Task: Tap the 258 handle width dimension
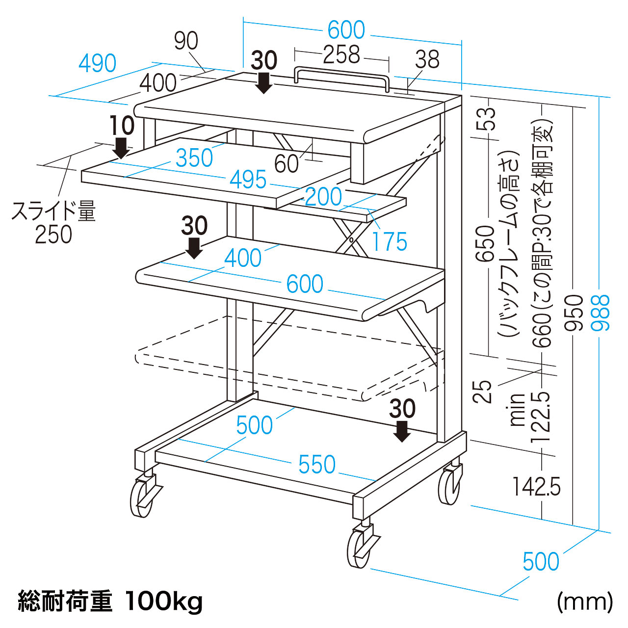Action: coord(341,55)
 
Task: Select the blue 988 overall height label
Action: coord(602,313)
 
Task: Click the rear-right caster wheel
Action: coord(450,487)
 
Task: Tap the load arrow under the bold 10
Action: coord(121,148)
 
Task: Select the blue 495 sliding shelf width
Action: coord(249,180)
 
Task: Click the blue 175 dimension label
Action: coord(390,241)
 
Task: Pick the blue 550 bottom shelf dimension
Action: coord(317,464)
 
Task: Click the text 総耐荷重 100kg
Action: coord(110,601)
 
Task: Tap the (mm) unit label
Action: coord(584,601)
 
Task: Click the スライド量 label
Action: coord(53,211)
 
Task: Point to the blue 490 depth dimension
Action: coord(98,63)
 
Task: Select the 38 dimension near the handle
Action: coord(427,59)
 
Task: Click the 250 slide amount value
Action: coord(53,235)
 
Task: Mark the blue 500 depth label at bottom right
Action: coord(541,562)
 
